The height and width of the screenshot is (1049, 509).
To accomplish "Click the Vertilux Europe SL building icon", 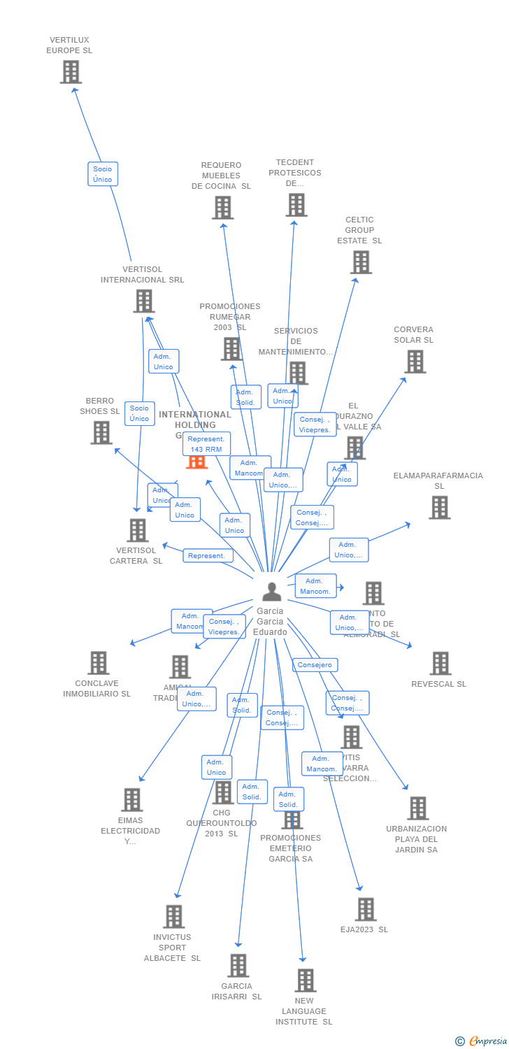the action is point(71,72).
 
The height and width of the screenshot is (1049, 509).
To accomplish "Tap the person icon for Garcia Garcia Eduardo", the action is point(271,592).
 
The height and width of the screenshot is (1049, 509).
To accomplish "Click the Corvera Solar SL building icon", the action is point(415,362).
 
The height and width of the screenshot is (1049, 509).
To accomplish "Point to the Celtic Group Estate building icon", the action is point(361,262).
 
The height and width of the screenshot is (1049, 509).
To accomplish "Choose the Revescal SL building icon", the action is point(440,663).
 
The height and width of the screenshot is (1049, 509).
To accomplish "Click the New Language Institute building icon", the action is point(305,980).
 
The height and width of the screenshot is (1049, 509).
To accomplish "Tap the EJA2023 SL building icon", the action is point(366,909).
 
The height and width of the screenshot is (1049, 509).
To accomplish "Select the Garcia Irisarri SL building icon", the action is point(238,966).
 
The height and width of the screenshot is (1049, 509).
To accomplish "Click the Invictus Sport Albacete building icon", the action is point(173,916).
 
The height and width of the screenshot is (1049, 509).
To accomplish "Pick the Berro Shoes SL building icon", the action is point(101,432).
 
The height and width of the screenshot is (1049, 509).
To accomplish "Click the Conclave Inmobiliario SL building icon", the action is point(99,663).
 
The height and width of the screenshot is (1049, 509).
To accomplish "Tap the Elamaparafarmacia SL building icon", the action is point(439,507).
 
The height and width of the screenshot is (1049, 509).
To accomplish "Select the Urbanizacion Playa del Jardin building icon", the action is point(417,808).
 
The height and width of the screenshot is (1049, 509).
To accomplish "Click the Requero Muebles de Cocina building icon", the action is point(222,207).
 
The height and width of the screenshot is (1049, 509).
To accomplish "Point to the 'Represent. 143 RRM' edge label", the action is point(206,444).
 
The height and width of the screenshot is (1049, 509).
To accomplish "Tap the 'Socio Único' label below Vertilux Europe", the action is point(103,174).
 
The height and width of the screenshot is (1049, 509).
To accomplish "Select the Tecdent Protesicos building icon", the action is point(296,205).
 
